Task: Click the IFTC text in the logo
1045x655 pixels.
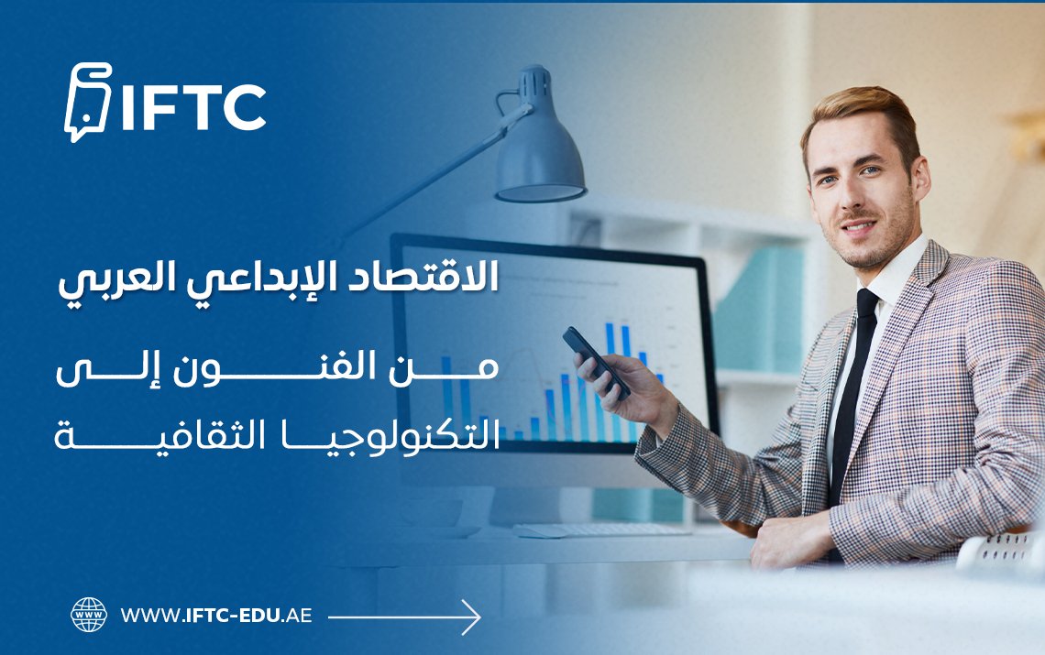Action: click(193, 108)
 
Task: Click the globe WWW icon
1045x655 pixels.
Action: click(89, 615)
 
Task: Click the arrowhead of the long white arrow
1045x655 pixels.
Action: click(471, 617)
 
